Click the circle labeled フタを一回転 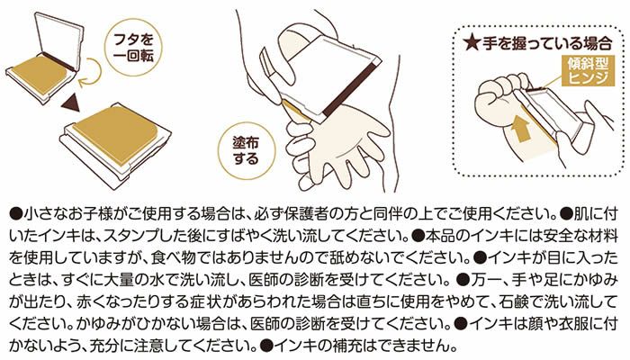point(133,49)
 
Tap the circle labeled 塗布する point(246,151)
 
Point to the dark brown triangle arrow point(71,103)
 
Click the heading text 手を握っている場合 point(547,43)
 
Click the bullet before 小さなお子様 point(15,214)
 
